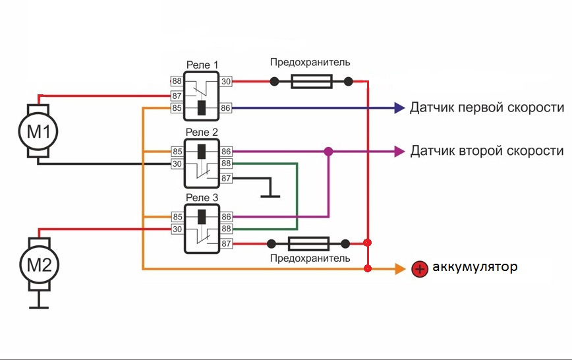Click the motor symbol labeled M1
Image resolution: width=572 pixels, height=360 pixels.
tap(38, 131)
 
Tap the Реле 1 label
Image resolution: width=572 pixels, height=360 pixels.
tap(202, 65)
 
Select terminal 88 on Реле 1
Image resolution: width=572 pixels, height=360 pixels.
tap(177, 81)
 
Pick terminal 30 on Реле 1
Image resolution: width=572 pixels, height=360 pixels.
tap(226, 81)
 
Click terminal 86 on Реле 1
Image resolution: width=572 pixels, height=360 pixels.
tap(226, 107)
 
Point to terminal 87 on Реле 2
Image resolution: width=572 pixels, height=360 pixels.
tap(226, 177)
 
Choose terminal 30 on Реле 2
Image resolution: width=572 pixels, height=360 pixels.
tap(177, 164)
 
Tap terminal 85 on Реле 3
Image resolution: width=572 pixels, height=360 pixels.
tap(177, 216)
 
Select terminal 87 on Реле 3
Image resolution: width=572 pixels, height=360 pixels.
tap(226, 243)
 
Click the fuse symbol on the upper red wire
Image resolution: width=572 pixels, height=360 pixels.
tap(311, 82)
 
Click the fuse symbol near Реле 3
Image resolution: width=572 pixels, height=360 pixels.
tap(310, 243)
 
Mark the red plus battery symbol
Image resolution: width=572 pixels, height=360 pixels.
tap(418, 268)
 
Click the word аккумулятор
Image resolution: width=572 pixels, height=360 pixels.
tap(474, 268)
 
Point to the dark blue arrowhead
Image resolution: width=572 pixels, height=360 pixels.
tap(399, 107)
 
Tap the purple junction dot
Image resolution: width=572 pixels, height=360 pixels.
tap(329, 151)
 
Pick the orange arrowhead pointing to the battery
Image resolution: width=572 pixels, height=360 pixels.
tap(400, 268)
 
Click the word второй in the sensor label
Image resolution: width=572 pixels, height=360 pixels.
tap(476, 151)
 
